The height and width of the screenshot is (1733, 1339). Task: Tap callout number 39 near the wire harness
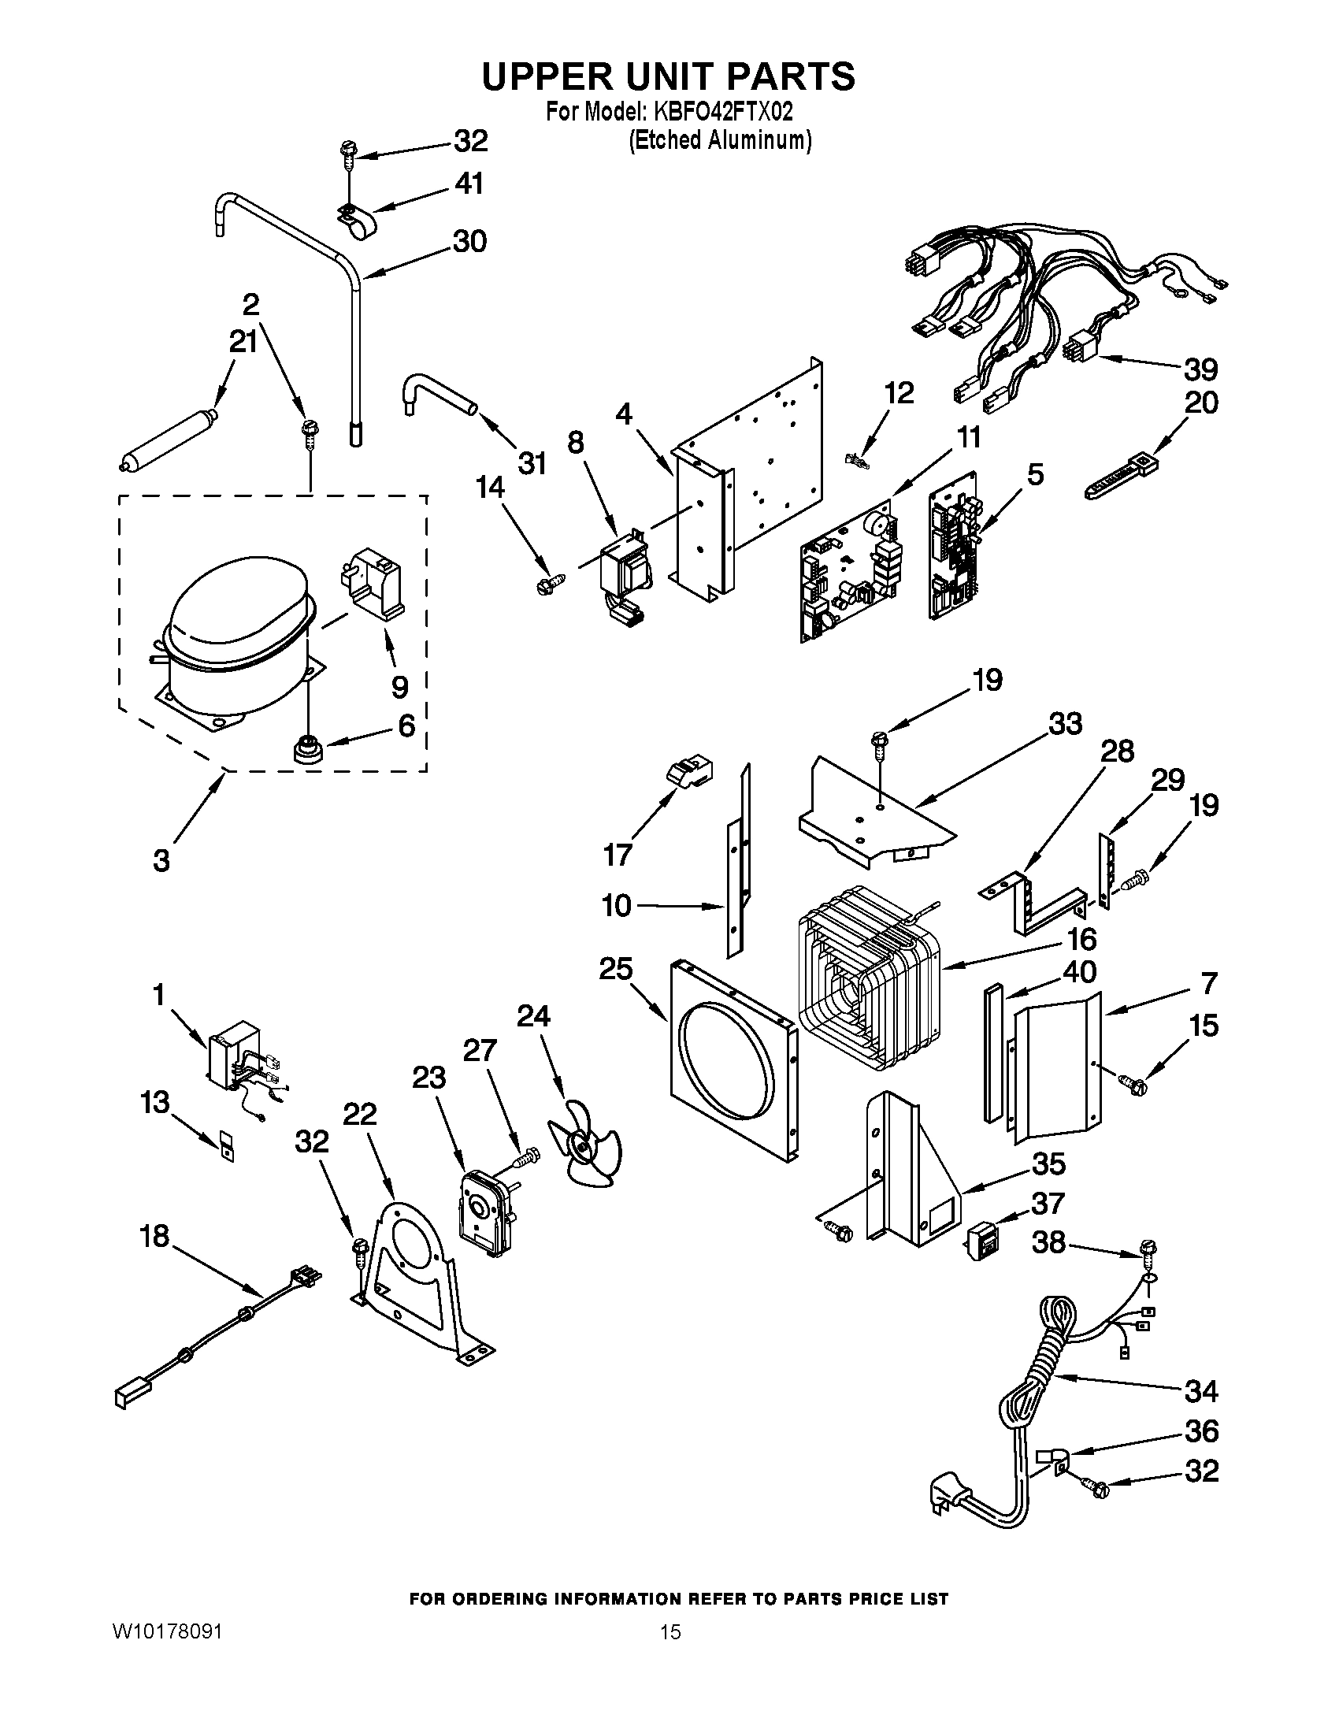[x=1200, y=369]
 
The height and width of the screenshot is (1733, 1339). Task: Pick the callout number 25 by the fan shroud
[x=616, y=969]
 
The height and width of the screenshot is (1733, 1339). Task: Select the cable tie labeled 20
[x=1121, y=476]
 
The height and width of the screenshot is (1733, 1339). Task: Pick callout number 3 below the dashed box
[x=161, y=860]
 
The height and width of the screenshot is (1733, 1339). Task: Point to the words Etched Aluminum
[x=720, y=140]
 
